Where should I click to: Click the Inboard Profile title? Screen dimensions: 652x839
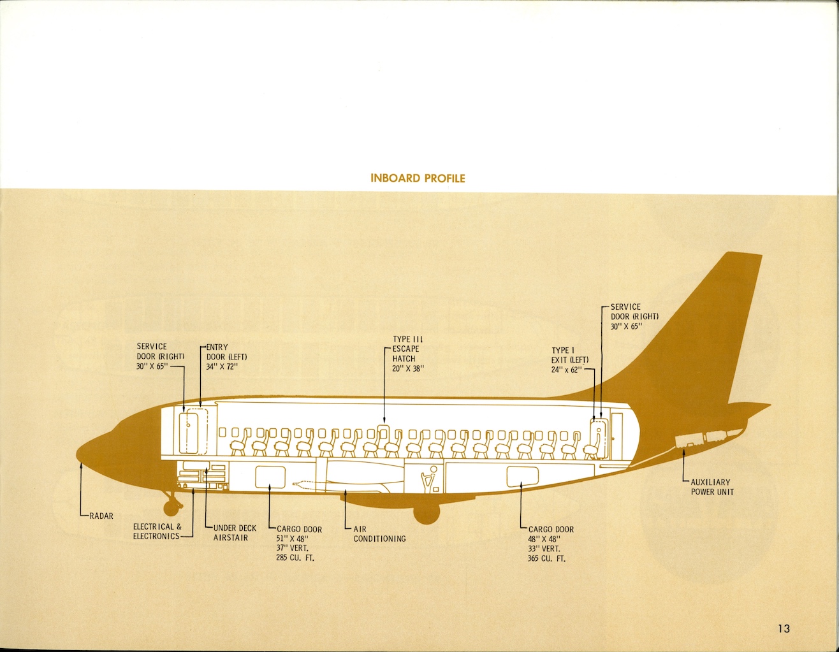(x=418, y=178)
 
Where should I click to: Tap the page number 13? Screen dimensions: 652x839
(x=784, y=628)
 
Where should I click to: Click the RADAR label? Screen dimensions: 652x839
(x=101, y=516)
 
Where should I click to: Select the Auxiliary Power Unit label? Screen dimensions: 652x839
(x=712, y=487)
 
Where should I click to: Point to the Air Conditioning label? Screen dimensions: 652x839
(x=379, y=534)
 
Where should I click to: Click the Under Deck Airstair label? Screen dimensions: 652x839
(x=235, y=533)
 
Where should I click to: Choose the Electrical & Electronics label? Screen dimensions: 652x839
(x=157, y=532)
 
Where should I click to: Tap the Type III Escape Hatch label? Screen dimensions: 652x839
(x=407, y=354)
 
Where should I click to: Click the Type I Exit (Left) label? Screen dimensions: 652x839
(x=569, y=360)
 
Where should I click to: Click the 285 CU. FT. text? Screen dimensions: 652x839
(x=295, y=558)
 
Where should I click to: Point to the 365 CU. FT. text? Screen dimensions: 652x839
(x=546, y=559)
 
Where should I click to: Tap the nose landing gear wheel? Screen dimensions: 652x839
(x=171, y=508)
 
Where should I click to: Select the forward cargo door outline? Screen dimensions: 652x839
(x=270, y=476)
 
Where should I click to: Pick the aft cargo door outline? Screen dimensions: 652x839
(x=522, y=475)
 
